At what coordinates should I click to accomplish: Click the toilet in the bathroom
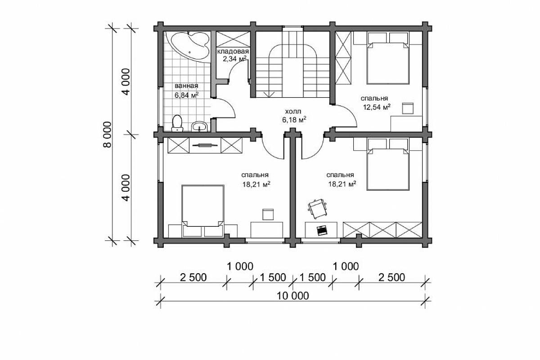pos(177,123)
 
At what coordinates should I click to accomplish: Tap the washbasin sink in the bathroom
pos(199,126)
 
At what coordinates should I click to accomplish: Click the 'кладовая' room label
pos(233,51)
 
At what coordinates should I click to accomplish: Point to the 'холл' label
pos(293,112)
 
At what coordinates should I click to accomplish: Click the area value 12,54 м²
pos(377,107)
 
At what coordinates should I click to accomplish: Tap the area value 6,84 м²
pos(187,95)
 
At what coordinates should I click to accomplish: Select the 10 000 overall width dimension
pos(292,296)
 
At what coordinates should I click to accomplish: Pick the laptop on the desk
pos(322,230)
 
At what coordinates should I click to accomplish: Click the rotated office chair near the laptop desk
pos(317,208)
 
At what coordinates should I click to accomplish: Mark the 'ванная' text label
pos(186,86)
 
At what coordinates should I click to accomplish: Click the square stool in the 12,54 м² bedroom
pos(408,108)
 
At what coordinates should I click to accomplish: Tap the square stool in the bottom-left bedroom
pos(268,214)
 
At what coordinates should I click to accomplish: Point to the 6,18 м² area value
pos(294,120)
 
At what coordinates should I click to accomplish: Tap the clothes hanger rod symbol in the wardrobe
pos(205,145)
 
